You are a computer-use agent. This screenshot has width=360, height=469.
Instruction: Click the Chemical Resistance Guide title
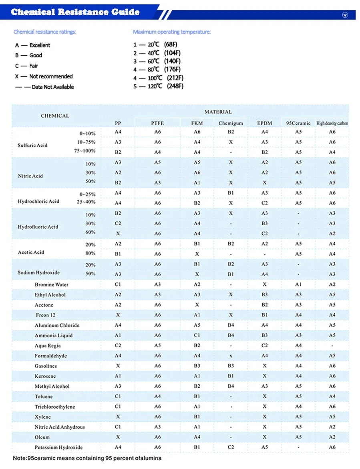tap(75, 12)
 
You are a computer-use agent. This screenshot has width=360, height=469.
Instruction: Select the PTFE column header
tap(157, 123)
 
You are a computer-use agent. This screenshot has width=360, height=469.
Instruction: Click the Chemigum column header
tap(231, 123)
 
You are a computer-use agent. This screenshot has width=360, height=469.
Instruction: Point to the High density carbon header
tap(332, 123)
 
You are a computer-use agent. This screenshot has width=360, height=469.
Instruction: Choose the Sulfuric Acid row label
tap(32, 145)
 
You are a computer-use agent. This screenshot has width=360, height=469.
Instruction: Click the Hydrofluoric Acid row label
tap(38, 227)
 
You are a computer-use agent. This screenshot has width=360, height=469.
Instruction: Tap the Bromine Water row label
tap(51, 285)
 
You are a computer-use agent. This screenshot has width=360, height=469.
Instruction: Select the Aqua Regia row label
tap(48, 346)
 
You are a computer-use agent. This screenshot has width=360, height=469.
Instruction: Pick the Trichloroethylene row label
tap(55, 407)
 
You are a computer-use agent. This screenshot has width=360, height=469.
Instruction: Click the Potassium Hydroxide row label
tap(58, 447)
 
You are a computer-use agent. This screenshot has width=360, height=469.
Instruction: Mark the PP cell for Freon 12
tap(118, 315)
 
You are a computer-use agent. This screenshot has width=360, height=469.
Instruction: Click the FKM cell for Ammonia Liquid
tap(197, 335)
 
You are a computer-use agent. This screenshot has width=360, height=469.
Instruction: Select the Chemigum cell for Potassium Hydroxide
tap(231, 447)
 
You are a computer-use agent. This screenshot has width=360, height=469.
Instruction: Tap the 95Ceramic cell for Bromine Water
tap(298, 285)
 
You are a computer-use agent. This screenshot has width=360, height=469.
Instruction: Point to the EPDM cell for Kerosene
tap(264, 376)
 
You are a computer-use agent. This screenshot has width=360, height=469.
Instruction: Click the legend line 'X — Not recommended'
tap(44, 76)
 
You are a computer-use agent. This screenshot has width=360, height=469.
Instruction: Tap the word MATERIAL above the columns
tap(218, 112)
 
